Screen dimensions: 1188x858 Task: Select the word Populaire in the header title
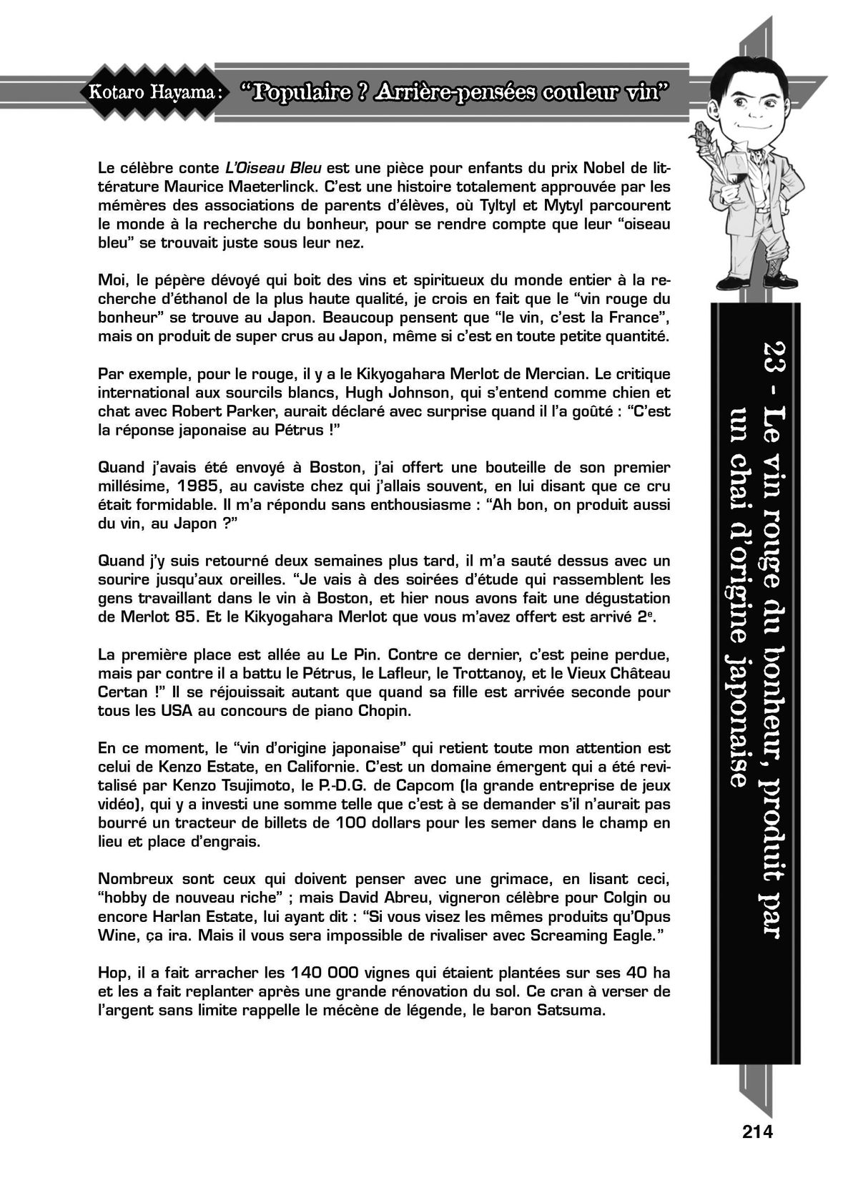(307, 91)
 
